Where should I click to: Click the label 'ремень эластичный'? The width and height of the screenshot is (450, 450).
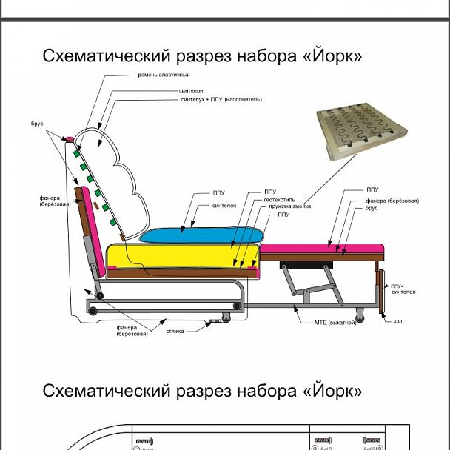point(164,75)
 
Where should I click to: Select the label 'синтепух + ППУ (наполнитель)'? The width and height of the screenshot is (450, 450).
point(221,99)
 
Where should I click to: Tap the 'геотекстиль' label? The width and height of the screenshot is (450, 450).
point(279,199)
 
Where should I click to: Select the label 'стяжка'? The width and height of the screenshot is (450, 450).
point(174,331)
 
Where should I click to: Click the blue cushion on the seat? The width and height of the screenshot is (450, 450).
point(200,234)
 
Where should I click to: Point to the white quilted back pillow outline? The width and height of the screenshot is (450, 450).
point(118,178)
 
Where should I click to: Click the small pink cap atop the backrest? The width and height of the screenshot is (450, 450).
point(70,138)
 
